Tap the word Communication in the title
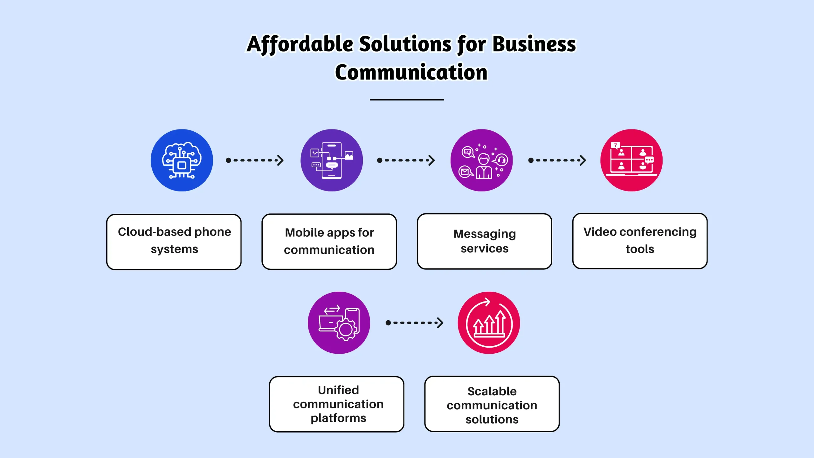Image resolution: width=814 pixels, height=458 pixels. (x=411, y=73)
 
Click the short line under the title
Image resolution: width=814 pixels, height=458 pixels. (x=407, y=100)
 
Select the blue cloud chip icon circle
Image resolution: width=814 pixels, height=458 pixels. (x=182, y=160)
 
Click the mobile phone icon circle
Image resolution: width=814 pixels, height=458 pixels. (x=331, y=160)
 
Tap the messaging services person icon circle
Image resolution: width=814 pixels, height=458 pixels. (x=481, y=160)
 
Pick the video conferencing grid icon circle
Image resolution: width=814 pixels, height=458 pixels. (x=631, y=160)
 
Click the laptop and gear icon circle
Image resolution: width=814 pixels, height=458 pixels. (x=339, y=323)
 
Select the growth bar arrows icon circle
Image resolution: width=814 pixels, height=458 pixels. (x=489, y=323)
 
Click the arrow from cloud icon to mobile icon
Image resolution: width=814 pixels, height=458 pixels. (x=254, y=160)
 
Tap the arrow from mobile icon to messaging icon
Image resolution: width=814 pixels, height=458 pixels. (x=406, y=160)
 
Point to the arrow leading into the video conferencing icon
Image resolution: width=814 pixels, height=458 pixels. (x=557, y=160)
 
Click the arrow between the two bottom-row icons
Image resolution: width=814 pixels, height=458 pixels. (x=414, y=323)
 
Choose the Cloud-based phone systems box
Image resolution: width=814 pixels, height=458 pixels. (x=174, y=242)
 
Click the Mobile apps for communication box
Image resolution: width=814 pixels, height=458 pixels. (x=329, y=242)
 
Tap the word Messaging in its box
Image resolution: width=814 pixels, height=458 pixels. (x=484, y=234)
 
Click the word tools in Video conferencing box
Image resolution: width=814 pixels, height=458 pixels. (x=640, y=249)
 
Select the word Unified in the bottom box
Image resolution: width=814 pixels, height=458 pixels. (x=338, y=390)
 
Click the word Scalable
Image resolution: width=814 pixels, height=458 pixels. (x=492, y=392)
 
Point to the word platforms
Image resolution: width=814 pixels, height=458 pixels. (x=338, y=418)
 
